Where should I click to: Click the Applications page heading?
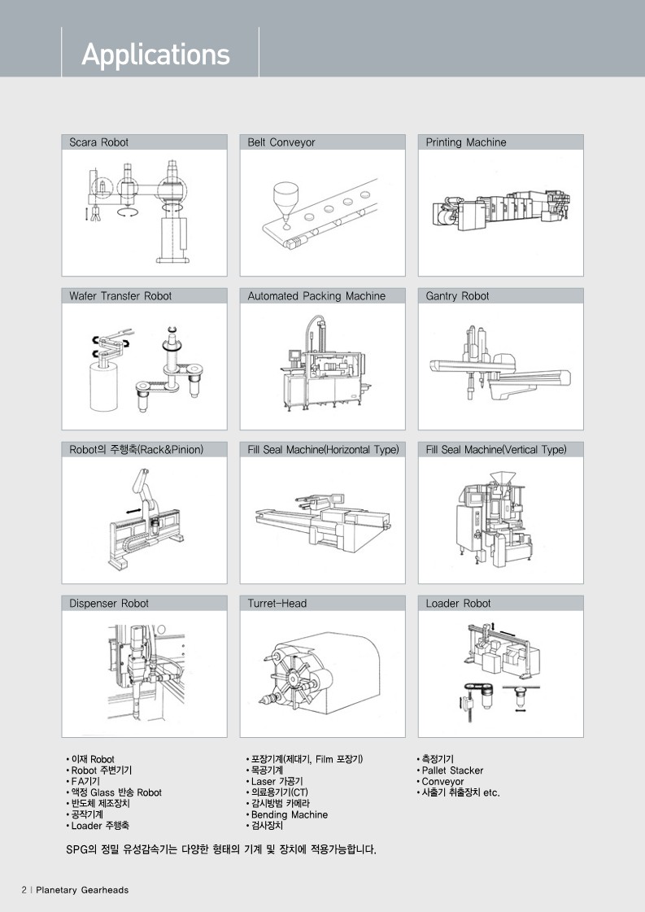coord(155,55)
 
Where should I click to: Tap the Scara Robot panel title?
coord(99,142)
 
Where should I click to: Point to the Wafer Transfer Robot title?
coord(120,296)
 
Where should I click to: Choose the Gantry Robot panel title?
coord(457,296)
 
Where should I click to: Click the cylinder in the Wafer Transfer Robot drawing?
coord(104,386)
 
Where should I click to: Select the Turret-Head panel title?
coord(277,604)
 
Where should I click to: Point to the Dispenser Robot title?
coord(109,604)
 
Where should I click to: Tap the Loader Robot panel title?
coord(458,604)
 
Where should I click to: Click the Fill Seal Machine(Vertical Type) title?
coord(496,450)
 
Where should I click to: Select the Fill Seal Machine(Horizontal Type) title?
coord(324,450)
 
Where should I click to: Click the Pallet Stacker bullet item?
coord(450,770)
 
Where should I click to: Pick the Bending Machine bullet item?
coord(287,815)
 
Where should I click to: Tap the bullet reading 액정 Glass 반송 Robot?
coord(114,792)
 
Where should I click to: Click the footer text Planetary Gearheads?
coord(82,890)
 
